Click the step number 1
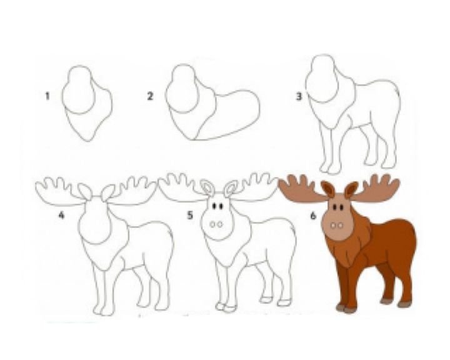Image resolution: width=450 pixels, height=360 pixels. point(47,96)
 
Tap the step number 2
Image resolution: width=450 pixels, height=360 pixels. point(150,96)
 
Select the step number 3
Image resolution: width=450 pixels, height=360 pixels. point(299,96)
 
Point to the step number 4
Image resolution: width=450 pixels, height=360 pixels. point(61,215)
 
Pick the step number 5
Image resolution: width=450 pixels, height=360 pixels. point(190,215)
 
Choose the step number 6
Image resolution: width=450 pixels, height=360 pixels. point(313,215)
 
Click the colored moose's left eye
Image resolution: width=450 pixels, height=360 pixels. point(335,207)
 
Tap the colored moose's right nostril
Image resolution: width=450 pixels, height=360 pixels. point(341,226)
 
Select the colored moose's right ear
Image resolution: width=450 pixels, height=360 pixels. point(351,190)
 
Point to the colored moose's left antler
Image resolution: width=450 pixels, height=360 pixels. point(301,188)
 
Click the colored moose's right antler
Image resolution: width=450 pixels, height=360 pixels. point(376,188)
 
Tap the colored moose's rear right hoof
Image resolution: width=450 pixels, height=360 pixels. point(404,304)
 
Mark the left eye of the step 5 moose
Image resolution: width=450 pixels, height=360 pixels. point(214,206)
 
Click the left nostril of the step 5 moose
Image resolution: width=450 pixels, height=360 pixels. point(212,224)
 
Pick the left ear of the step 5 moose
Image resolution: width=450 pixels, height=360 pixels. point(207,187)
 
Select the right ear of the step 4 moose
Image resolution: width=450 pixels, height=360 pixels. point(108,193)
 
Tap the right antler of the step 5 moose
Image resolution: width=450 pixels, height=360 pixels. point(252,187)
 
